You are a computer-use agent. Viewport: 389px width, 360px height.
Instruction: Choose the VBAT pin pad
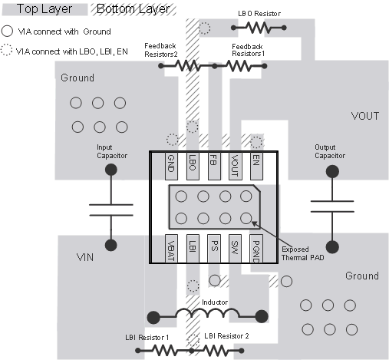pyautogui.click(x=172, y=250)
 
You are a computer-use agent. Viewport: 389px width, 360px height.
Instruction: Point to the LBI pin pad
pyautogui.click(x=193, y=250)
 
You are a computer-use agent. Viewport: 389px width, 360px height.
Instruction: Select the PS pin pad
pyautogui.click(x=214, y=250)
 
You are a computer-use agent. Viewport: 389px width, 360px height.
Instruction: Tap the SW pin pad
pyautogui.click(x=235, y=250)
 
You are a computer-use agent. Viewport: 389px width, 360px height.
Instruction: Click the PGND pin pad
pyautogui.click(x=256, y=250)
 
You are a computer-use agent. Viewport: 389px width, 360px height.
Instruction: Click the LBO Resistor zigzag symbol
pyautogui.click(x=259, y=28)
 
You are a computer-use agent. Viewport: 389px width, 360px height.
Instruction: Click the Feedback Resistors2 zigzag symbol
pyautogui.click(x=189, y=66)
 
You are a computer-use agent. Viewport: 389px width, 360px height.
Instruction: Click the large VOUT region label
pyautogui.click(x=364, y=117)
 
